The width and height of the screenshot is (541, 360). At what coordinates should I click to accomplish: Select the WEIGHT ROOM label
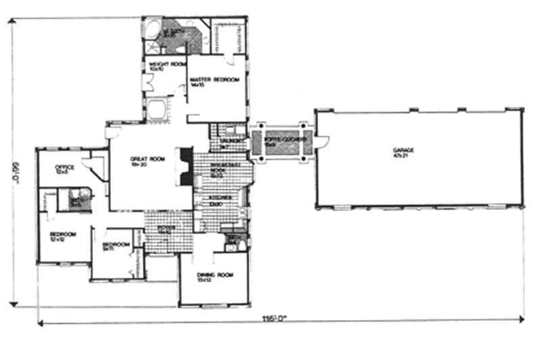(x=162, y=64)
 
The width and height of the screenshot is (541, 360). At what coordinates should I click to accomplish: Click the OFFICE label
(x=64, y=166)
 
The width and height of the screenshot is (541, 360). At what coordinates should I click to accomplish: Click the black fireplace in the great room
(x=182, y=166)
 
